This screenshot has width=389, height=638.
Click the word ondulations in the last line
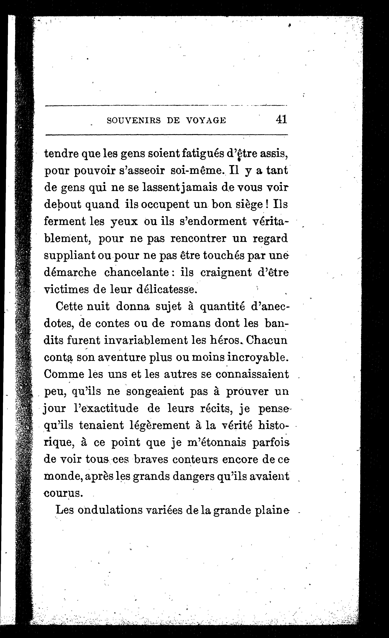[111, 510]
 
